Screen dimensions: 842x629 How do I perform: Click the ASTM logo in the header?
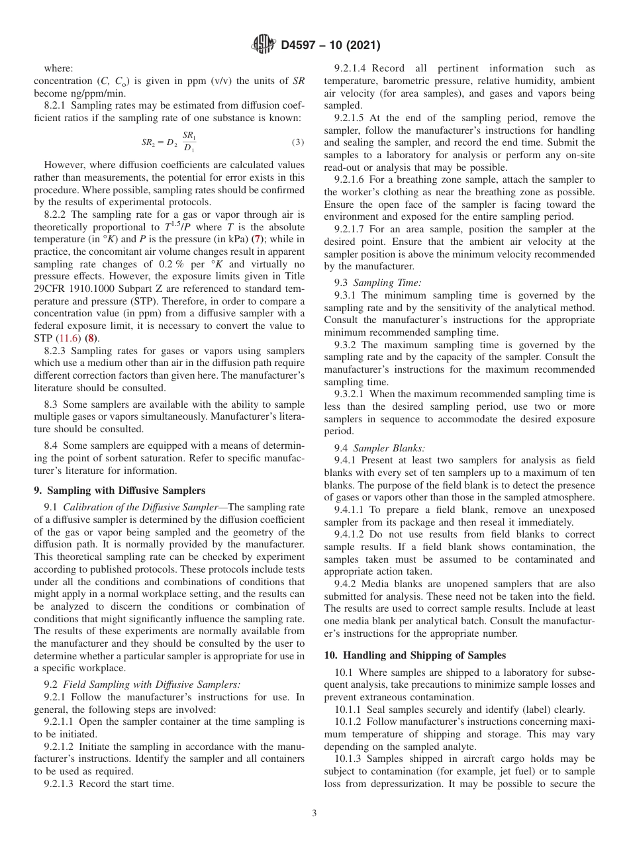(x=264, y=45)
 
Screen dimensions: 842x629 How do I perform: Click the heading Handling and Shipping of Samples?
(x=422, y=655)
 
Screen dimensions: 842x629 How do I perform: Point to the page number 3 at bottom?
(x=314, y=814)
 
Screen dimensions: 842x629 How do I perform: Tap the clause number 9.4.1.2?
(x=356, y=534)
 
